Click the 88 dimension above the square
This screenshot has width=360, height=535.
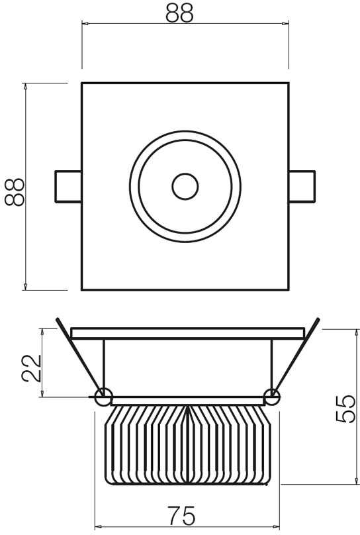point(179,14)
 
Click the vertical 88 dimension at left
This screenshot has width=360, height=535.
point(15,192)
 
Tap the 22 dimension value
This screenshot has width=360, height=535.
point(31,368)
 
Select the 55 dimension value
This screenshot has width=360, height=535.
point(345,409)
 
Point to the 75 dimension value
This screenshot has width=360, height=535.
point(182,516)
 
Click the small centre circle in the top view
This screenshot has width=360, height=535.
point(185,187)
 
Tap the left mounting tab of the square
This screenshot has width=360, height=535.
point(68,187)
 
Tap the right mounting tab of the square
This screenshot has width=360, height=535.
point(302,187)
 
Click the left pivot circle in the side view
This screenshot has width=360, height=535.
point(103,397)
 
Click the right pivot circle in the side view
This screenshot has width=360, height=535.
point(272,397)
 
